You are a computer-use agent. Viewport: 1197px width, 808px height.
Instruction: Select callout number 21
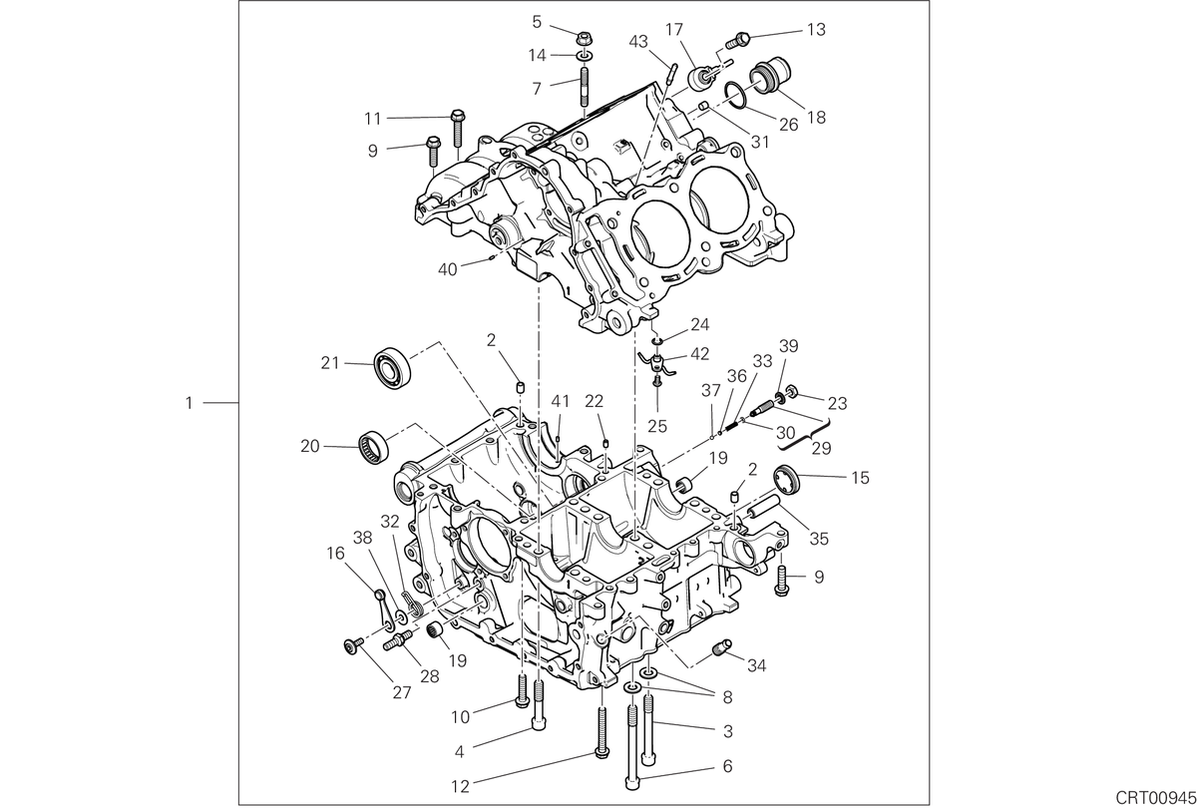point(330,363)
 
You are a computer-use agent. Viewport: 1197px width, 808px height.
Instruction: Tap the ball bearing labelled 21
point(394,366)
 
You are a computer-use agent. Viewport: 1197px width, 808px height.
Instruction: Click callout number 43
point(638,42)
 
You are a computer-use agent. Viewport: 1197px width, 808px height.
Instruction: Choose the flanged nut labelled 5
point(587,39)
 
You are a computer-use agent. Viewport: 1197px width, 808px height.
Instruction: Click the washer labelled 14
point(585,55)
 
